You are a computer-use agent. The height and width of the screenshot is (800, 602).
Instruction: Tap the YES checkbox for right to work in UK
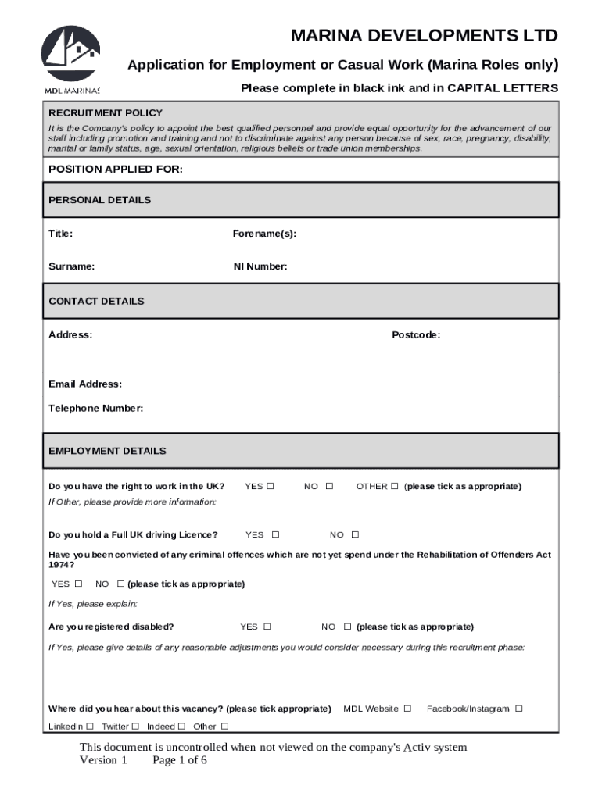click(x=271, y=486)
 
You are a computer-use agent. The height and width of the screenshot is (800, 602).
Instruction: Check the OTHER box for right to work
click(x=395, y=486)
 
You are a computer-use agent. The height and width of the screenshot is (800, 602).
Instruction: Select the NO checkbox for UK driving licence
click(x=355, y=535)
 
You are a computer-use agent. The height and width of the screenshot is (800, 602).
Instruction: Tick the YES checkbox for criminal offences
click(x=78, y=584)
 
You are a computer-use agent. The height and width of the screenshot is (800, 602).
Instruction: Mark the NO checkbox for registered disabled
click(x=347, y=627)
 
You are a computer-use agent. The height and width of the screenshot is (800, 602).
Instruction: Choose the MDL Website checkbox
click(x=407, y=709)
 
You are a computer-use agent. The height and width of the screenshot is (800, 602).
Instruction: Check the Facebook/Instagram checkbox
click(x=519, y=709)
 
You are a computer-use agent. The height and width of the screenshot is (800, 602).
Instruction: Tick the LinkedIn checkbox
click(x=90, y=727)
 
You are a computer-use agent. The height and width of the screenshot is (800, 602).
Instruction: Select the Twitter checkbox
click(x=135, y=727)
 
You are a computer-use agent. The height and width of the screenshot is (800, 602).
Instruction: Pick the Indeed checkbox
click(x=181, y=727)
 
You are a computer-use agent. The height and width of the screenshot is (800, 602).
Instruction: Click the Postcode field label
click(x=416, y=335)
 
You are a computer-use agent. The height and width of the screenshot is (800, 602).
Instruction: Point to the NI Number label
click(x=260, y=266)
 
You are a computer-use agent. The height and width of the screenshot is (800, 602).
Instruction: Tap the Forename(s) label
click(x=264, y=234)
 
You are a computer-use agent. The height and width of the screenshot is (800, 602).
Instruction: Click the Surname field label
click(x=72, y=266)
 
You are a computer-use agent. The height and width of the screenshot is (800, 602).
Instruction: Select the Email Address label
click(x=85, y=384)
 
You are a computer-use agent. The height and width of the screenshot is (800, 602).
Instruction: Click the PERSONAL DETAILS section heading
click(x=100, y=200)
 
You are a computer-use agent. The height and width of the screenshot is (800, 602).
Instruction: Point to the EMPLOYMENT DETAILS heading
click(x=107, y=451)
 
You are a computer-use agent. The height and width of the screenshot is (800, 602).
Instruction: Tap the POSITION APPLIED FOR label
click(x=116, y=170)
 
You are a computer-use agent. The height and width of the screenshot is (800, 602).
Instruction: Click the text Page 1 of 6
click(x=180, y=760)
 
